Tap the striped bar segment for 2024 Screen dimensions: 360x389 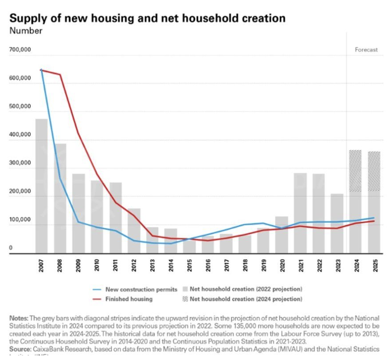pos(355,171)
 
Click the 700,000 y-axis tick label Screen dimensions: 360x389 pos(20,50)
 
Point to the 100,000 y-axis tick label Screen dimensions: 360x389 pos(20,225)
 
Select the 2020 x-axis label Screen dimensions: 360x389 pos(282,267)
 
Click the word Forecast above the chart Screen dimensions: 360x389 pos(367,50)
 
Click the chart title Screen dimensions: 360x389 pos(147,18)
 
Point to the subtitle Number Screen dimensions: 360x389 pos(26,31)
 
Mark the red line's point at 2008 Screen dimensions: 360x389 pos(60,75)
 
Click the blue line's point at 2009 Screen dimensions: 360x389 pos(78,222)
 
